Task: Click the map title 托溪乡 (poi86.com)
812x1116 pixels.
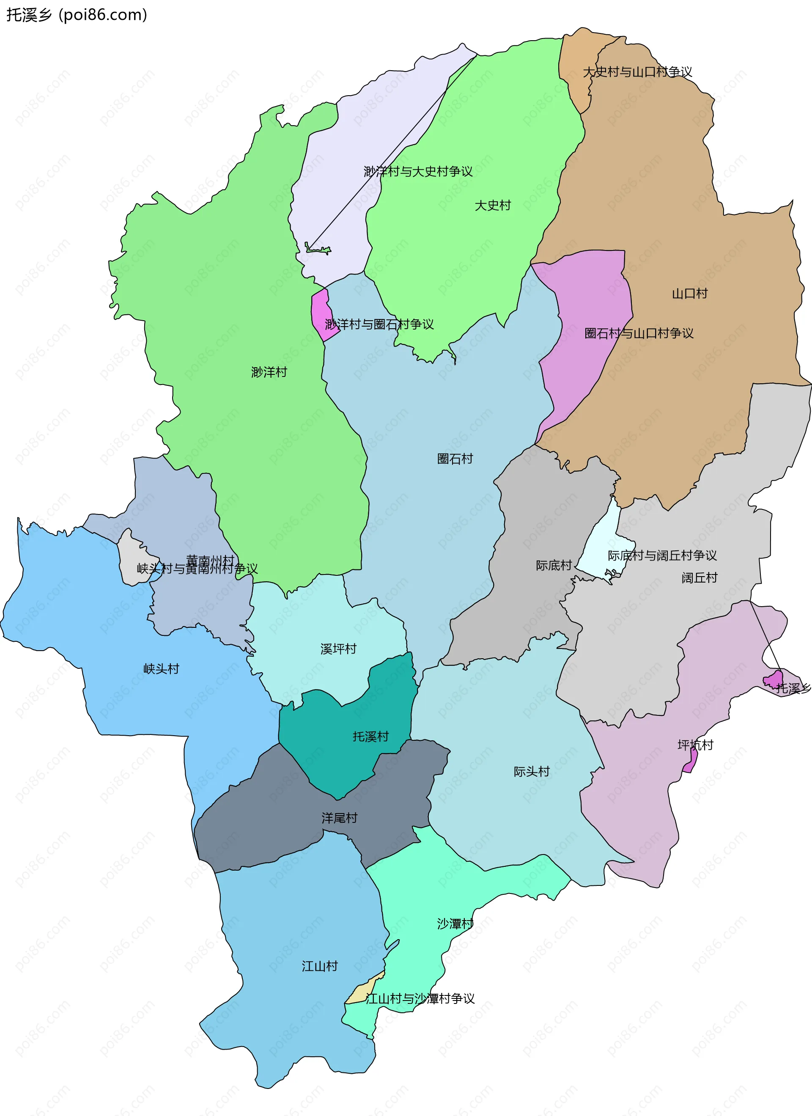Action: pyautogui.click(x=77, y=15)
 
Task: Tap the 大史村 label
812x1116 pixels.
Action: pyautogui.click(x=492, y=205)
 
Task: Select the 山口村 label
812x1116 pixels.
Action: pyautogui.click(x=689, y=294)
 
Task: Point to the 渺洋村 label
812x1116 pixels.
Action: pyautogui.click(x=269, y=372)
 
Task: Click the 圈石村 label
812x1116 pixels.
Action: pyautogui.click(x=455, y=459)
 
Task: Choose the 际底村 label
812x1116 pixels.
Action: pyautogui.click(x=554, y=565)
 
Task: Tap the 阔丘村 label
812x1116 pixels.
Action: pyautogui.click(x=700, y=578)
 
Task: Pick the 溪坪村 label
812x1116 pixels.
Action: pyautogui.click(x=338, y=649)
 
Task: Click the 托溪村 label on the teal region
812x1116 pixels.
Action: pyautogui.click(x=371, y=737)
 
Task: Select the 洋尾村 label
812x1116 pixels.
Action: pyautogui.click(x=339, y=818)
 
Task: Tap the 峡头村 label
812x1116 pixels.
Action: pyautogui.click(x=161, y=669)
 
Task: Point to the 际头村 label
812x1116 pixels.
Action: pyautogui.click(x=532, y=772)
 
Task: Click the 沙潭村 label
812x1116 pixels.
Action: pyautogui.click(x=455, y=924)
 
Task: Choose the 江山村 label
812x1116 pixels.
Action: pyautogui.click(x=320, y=966)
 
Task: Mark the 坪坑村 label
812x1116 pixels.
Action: pyautogui.click(x=695, y=745)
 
